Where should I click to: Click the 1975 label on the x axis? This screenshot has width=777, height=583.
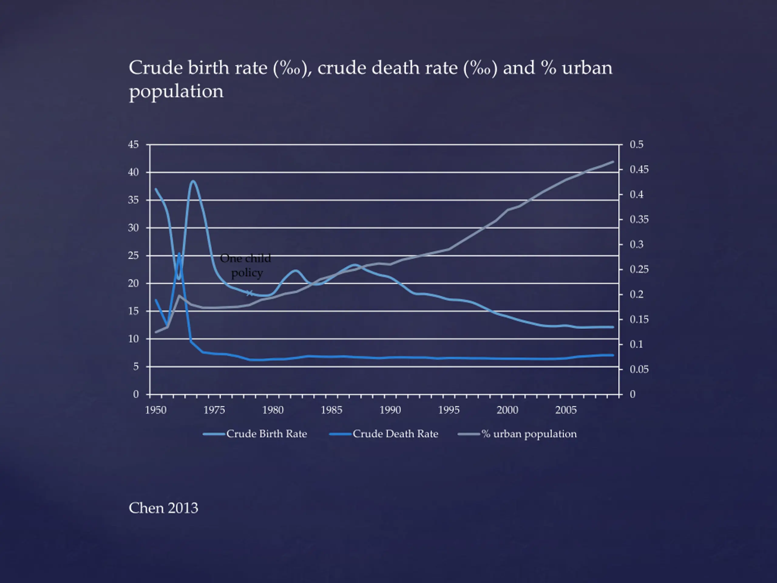pyautogui.click(x=214, y=410)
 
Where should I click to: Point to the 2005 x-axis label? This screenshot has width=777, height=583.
pyautogui.click(x=565, y=410)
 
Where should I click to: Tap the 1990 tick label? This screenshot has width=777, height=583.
pyautogui.click(x=390, y=410)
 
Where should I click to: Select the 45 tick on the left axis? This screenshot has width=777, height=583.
pyautogui.click(x=134, y=145)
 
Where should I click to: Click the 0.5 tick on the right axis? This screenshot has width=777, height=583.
pyautogui.click(x=636, y=145)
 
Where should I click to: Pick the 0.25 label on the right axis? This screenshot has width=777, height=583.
pyautogui.click(x=639, y=270)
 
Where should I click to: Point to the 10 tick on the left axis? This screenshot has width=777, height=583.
pyautogui.click(x=134, y=339)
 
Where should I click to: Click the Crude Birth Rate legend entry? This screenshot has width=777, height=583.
pyautogui.click(x=255, y=434)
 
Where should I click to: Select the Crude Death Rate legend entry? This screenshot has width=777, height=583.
pyautogui.click(x=384, y=434)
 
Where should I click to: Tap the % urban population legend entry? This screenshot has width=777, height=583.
pyautogui.click(x=517, y=434)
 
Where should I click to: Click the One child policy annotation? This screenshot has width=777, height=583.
pyautogui.click(x=246, y=265)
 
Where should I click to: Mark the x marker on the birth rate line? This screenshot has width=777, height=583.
pyautogui.click(x=249, y=293)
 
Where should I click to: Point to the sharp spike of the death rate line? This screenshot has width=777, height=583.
pyautogui.click(x=179, y=253)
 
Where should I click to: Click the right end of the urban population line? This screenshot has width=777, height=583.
pyautogui.click(x=613, y=162)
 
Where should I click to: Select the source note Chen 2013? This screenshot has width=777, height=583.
pyautogui.click(x=163, y=508)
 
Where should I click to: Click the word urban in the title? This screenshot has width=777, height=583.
pyautogui.click(x=587, y=67)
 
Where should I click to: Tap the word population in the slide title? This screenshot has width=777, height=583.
pyautogui.click(x=176, y=91)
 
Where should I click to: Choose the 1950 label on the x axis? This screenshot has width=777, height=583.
pyautogui.click(x=156, y=410)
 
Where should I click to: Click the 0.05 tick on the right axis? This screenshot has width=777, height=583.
pyautogui.click(x=639, y=369)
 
